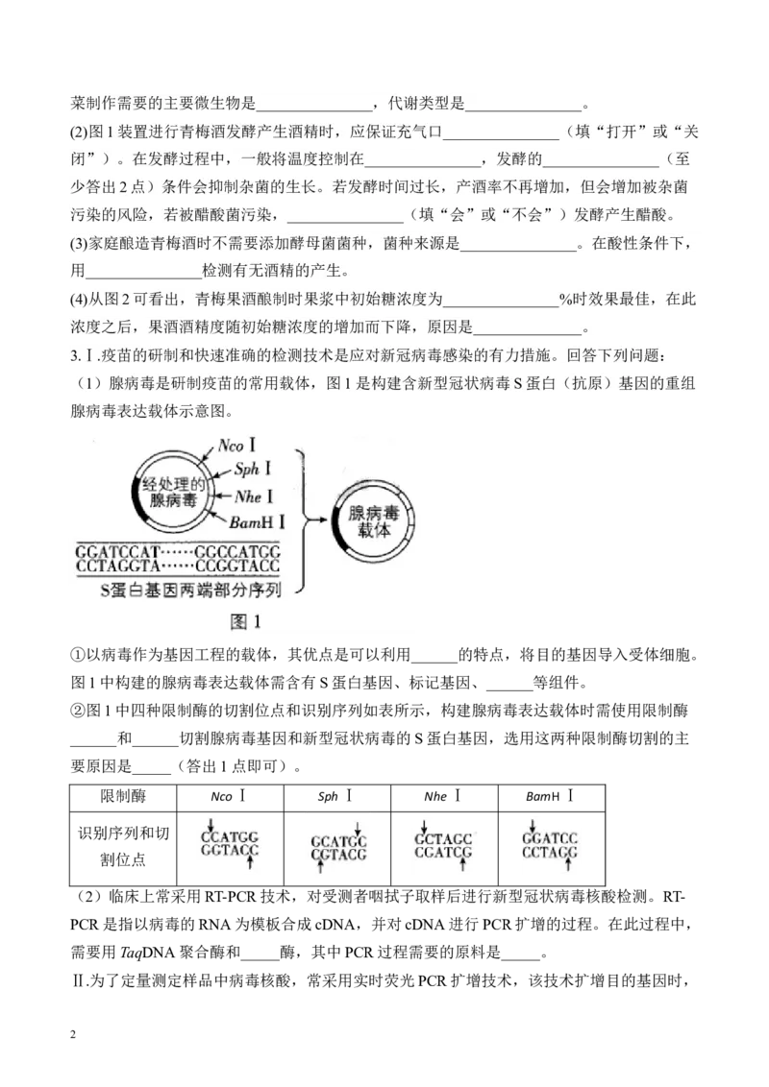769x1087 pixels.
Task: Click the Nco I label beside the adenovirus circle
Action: [236, 445]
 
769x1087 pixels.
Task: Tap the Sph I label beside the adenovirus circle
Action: [252, 469]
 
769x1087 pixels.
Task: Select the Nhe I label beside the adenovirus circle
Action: [254, 496]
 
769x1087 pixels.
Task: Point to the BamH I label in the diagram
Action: [257, 522]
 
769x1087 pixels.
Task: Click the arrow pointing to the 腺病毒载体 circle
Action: [317, 520]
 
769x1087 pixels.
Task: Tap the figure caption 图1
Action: [245, 621]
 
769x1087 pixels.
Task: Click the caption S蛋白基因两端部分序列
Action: [190, 590]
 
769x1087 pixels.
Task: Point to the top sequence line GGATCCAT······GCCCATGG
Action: [178, 552]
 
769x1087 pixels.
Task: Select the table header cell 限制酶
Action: [123, 797]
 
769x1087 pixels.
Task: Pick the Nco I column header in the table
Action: [229, 797]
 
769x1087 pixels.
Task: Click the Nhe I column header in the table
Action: [443, 797]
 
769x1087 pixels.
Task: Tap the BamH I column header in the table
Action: [551, 797]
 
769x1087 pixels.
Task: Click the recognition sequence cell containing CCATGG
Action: [230, 846]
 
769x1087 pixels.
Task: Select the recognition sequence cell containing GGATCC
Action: [551, 846]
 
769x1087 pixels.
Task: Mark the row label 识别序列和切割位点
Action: [123, 846]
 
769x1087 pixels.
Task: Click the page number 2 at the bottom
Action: [73, 1035]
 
